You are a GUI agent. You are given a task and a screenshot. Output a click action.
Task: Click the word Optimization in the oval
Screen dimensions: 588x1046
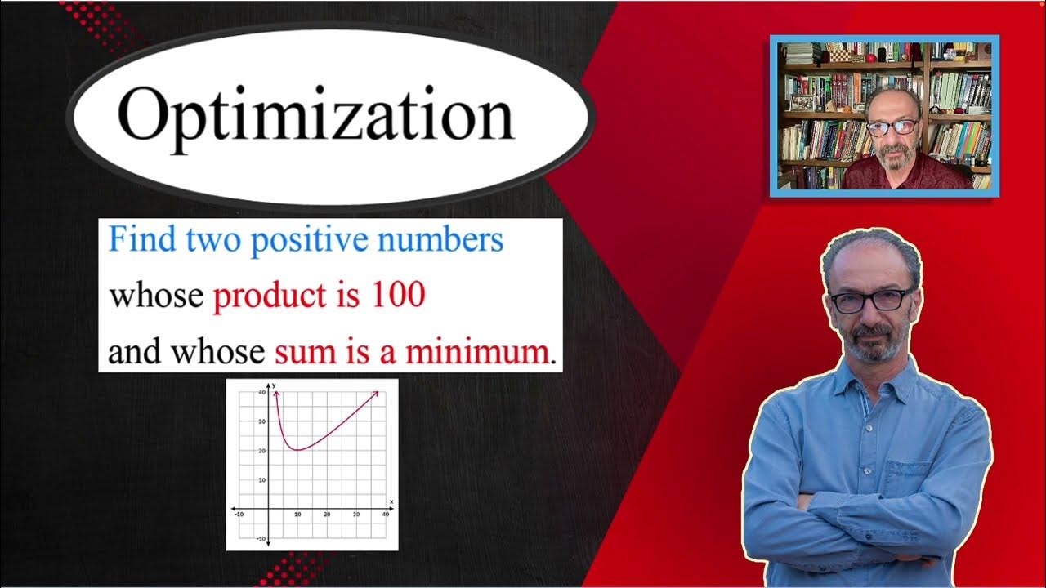pos(315,116)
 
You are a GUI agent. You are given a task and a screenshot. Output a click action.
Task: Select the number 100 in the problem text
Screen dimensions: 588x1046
pos(398,296)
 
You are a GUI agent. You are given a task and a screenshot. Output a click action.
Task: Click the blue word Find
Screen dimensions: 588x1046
pos(135,240)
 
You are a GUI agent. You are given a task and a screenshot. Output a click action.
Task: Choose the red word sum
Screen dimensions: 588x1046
pos(294,352)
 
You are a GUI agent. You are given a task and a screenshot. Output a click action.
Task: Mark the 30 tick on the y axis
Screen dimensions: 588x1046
pos(261,421)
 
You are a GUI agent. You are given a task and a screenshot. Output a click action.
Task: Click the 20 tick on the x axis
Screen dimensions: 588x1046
pos(327,514)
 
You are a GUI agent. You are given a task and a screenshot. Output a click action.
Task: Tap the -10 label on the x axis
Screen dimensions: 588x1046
pos(239,514)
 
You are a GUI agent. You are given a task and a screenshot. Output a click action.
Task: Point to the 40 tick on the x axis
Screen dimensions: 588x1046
pos(385,514)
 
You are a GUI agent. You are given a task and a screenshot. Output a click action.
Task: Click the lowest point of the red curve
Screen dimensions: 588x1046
pos(298,449)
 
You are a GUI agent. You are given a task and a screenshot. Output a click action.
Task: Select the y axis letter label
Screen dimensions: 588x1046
pos(275,385)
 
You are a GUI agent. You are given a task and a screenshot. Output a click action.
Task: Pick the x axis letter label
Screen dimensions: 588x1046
pos(391,501)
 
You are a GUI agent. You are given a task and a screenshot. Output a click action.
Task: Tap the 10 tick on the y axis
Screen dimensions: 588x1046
pos(261,479)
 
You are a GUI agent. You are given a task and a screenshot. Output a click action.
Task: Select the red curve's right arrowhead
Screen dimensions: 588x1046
pos(377,394)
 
